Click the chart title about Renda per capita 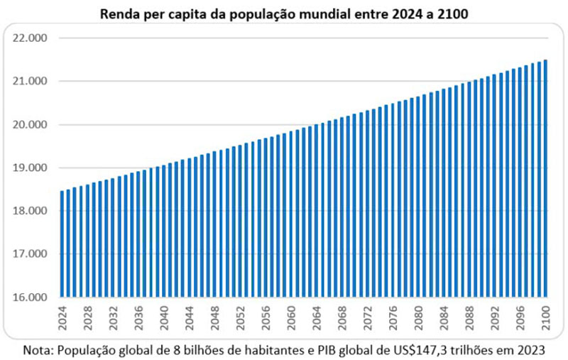284,13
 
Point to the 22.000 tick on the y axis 31,38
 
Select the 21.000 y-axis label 31,81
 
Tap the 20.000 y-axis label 31,124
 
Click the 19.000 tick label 31,168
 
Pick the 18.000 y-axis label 31,211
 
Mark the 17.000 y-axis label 31,254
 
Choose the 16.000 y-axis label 31,298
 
